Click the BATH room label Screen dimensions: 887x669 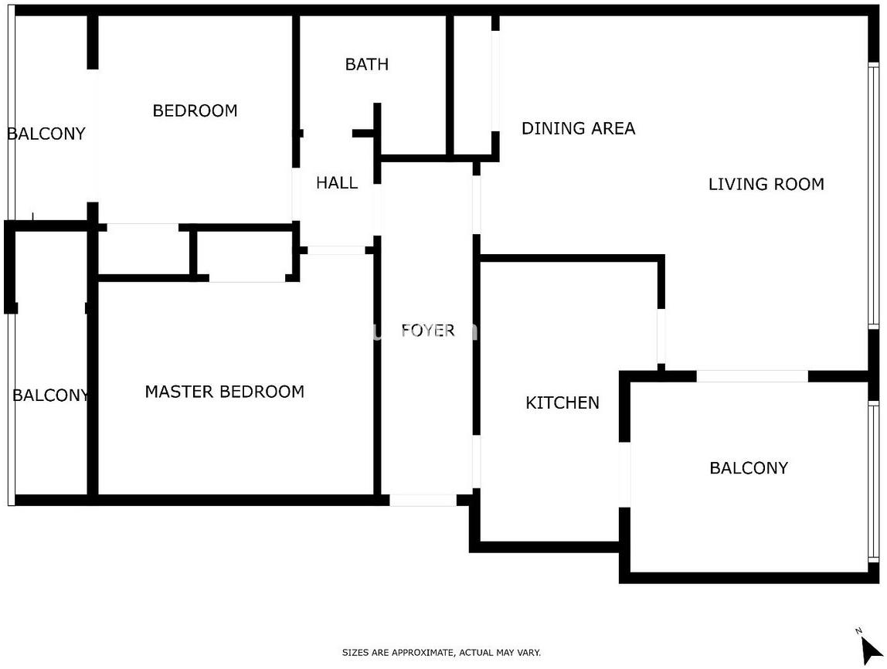point(366,64)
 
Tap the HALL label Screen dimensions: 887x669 point(337,182)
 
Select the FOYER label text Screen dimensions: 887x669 point(428,331)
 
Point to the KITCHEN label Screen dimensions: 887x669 point(562,402)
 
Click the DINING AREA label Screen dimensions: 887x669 point(578,128)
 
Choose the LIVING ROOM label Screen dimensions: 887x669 point(766,184)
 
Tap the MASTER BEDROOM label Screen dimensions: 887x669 point(225,392)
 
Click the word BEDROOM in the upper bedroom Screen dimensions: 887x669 point(195,110)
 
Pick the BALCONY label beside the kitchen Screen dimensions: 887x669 point(749,467)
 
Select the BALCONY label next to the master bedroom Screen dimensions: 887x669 point(51,395)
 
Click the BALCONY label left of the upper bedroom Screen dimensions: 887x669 point(46,134)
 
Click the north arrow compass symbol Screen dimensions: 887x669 point(869,648)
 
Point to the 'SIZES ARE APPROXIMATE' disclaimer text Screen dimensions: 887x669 point(441,653)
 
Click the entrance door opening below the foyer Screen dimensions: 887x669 point(423,501)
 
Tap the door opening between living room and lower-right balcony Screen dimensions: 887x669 point(753,376)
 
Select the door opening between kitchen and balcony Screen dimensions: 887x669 point(624,474)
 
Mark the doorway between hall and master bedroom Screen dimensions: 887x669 point(336,250)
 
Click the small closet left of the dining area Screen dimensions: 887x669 point(472,85)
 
